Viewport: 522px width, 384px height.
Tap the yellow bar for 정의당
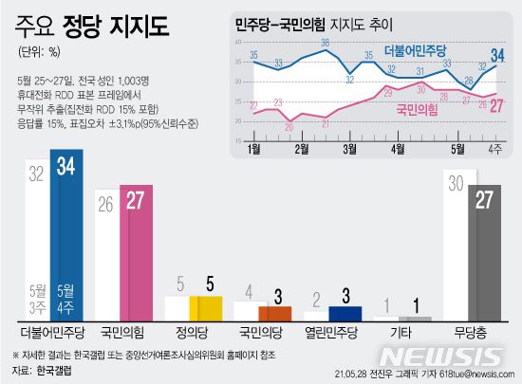tap(205, 309)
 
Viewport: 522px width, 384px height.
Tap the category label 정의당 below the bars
tap(196, 335)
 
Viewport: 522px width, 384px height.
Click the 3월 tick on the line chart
tap(349, 149)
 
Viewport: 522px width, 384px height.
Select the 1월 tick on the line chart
tap(253, 149)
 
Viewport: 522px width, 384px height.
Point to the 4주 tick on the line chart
tap(494, 149)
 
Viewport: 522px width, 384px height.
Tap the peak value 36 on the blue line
tap(325, 43)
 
